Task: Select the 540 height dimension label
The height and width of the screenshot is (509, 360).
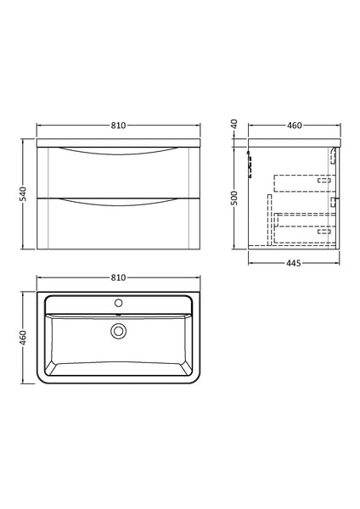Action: (25, 194)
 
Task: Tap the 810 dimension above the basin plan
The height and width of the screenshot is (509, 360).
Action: (118, 277)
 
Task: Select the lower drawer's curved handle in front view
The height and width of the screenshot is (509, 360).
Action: (118, 200)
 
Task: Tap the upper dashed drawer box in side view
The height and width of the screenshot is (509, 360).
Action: (301, 182)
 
